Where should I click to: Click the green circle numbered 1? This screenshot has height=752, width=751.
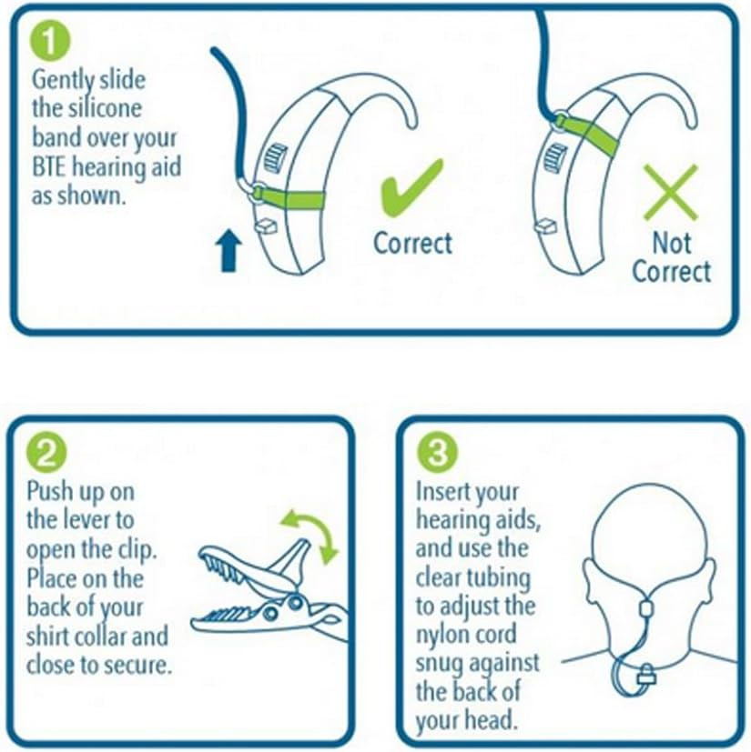click(x=50, y=42)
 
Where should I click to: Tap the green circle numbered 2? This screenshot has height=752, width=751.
click(x=46, y=453)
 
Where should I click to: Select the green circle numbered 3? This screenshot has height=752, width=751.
click(x=437, y=452)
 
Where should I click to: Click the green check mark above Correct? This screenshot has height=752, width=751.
click(x=411, y=188)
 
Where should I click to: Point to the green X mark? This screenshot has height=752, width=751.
click(x=670, y=192)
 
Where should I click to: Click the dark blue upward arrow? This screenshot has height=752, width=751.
click(x=228, y=250)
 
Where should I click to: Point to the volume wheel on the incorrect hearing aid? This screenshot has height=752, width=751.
click(x=554, y=158)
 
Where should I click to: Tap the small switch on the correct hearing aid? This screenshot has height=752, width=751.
click(x=265, y=226)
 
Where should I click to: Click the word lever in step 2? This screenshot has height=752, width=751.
click(x=82, y=520)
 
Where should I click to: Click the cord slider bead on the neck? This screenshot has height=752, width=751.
click(x=646, y=608)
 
